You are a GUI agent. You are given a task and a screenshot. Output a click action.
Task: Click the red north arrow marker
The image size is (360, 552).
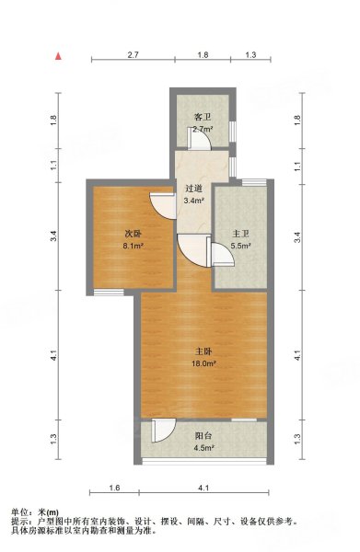pos(58,56)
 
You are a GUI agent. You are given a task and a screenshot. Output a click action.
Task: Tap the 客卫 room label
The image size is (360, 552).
pos(203,117)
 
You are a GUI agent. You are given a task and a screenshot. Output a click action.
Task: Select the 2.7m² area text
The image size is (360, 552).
pos(203,129)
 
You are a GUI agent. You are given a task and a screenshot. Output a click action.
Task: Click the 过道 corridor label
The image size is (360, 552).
pos(193,189)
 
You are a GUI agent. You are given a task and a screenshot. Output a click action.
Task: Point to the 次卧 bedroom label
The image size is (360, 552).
pos(133,234)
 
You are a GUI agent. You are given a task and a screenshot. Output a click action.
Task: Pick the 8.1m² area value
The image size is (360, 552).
pos(133,246)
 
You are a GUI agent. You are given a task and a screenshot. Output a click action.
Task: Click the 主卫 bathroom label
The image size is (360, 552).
pos(240,234)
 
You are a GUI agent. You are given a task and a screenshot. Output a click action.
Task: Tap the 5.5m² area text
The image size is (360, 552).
pos(240,246)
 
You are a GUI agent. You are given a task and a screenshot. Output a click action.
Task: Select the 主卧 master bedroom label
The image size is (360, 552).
pos(203,351)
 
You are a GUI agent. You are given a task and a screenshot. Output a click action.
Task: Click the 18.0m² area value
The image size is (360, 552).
pos(203,363)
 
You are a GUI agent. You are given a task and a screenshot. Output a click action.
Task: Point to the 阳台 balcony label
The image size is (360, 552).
pos(203,436)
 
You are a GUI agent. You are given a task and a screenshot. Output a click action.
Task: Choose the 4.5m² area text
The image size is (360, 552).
pos(204,448)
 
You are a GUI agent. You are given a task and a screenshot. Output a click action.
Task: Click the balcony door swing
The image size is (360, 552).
pos(164,431)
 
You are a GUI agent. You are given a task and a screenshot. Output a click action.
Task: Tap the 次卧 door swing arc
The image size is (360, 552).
pos(163,206)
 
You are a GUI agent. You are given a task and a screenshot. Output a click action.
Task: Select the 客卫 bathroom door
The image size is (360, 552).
pos(200,139)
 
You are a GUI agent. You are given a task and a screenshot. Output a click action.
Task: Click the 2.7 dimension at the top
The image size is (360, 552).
pos(134,54)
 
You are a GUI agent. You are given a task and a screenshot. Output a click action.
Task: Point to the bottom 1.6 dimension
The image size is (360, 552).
pos(114,488)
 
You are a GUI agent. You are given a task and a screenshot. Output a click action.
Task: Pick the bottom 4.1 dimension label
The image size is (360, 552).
pos(203,488)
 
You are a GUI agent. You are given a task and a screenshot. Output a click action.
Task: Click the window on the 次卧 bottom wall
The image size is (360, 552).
pos(109,292)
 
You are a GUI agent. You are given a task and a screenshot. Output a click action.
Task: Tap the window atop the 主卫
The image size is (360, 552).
pos(254,182)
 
